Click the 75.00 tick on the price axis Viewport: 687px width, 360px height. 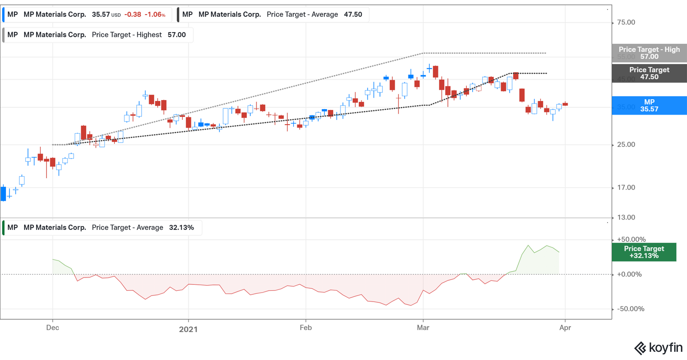click(626, 22)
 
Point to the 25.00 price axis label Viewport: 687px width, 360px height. click(626, 145)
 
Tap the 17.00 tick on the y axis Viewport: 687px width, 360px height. click(626, 188)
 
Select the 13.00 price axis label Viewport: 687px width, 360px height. click(626, 217)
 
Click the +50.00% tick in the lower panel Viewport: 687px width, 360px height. click(631, 239)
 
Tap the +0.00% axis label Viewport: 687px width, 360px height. click(629, 275)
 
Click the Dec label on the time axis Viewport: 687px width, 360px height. click(52, 328)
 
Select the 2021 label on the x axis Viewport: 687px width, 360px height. click(188, 329)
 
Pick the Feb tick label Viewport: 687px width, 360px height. click(306, 328)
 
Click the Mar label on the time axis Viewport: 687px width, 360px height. click(423, 328)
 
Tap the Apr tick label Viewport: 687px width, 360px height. click(565, 328)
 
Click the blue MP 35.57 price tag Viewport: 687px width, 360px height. click(649, 106)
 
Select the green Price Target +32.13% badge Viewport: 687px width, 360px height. click(644, 252)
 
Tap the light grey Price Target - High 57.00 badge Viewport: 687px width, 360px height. click(649, 53)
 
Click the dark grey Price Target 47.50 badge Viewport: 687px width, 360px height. click(649, 73)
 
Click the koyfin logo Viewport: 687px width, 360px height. click(658, 348)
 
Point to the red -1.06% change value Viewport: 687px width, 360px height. click(155, 15)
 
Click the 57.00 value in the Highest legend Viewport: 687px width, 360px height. click(176, 35)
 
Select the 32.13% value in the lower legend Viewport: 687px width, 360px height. click(181, 228)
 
